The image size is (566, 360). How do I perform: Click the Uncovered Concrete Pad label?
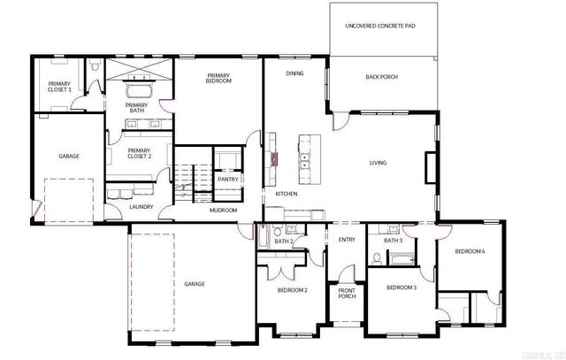(x=380, y=27)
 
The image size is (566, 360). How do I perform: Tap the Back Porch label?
(x=381, y=77)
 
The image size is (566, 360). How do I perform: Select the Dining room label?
(x=294, y=73)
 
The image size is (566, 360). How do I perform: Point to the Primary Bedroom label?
(x=218, y=78)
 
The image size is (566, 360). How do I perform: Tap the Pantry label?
(x=227, y=179)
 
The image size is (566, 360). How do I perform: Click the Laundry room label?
(x=141, y=207)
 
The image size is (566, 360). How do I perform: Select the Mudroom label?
(x=223, y=211)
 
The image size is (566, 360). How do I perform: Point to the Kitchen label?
(x=286, y=194)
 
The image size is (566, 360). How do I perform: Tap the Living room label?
(x=378, y=163)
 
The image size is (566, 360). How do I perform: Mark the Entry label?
(x=346, y=240)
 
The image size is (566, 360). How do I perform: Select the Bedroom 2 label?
(x=292, y=290)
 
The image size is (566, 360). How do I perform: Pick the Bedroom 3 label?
(x=402, y=287)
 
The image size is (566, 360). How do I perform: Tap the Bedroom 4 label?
(x=470, y=251)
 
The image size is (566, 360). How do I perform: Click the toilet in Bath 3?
(x=378, y=259)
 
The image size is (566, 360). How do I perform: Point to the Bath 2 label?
(x=283, y=241)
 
